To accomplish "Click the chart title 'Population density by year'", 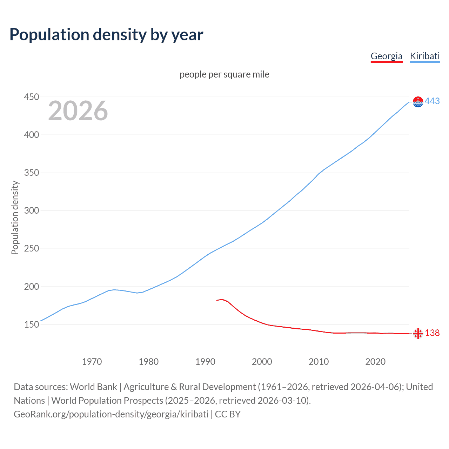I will pos(106,35).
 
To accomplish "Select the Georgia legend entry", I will pos(386,56).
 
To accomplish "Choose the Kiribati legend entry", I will pos(424,56).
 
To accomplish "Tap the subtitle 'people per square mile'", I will pos(224,74).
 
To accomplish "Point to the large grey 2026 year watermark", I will pos(78,111).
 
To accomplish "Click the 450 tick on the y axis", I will pos(31,97).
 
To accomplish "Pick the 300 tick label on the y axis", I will pos(31,211).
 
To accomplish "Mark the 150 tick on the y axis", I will pos(31,325).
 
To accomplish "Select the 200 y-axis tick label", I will pos(31,287).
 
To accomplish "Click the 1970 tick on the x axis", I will pos(92,362).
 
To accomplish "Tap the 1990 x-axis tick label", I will pos(205,362).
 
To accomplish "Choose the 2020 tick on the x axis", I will pos(375,362).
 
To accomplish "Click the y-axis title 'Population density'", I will pos(15,217).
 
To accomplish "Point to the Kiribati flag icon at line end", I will pos(418,102).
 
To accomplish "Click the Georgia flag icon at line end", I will pos(418,334).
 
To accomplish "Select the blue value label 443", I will pos(432,101).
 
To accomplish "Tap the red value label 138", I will pos(432,333).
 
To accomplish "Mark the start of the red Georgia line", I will pos(217,300).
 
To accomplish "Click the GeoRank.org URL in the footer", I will pos(111,414).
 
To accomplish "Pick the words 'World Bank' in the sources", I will pos(93,387).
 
